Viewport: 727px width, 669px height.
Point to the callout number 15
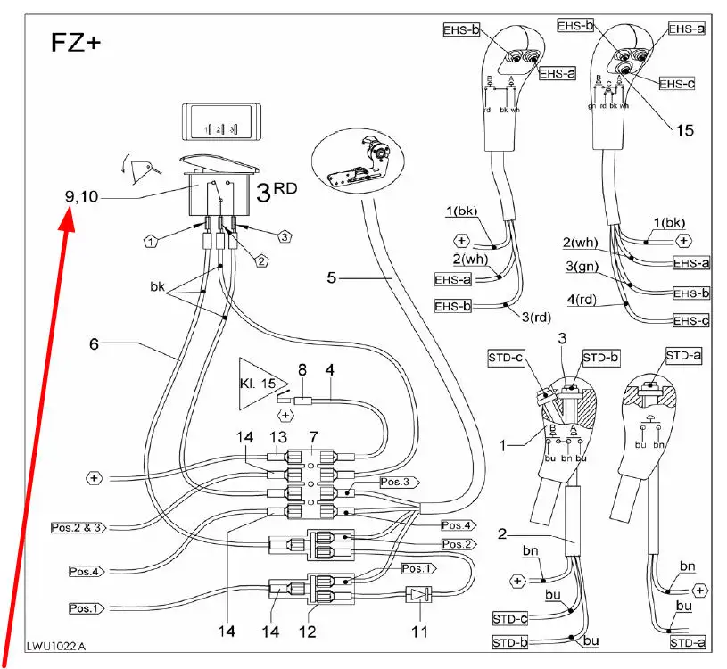click(x=683, y=130)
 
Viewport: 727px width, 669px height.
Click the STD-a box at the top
click(x=682, y=356)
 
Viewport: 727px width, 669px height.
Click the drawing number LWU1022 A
click(x=55, y=644)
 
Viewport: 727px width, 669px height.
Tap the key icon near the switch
click(x=142, y=167)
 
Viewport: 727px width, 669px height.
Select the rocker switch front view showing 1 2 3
click(x=219, y=123)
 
